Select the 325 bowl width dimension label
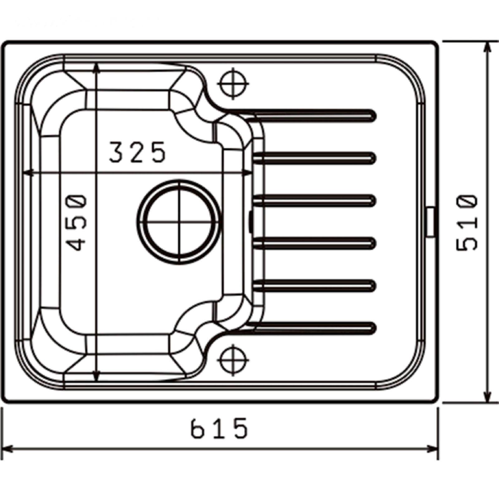pyautogui.click(x=137, y=152)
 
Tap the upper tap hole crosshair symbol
pyautogui.click(x=234, y=84)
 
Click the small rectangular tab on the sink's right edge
pyautogui.click(x=431, y=222)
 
